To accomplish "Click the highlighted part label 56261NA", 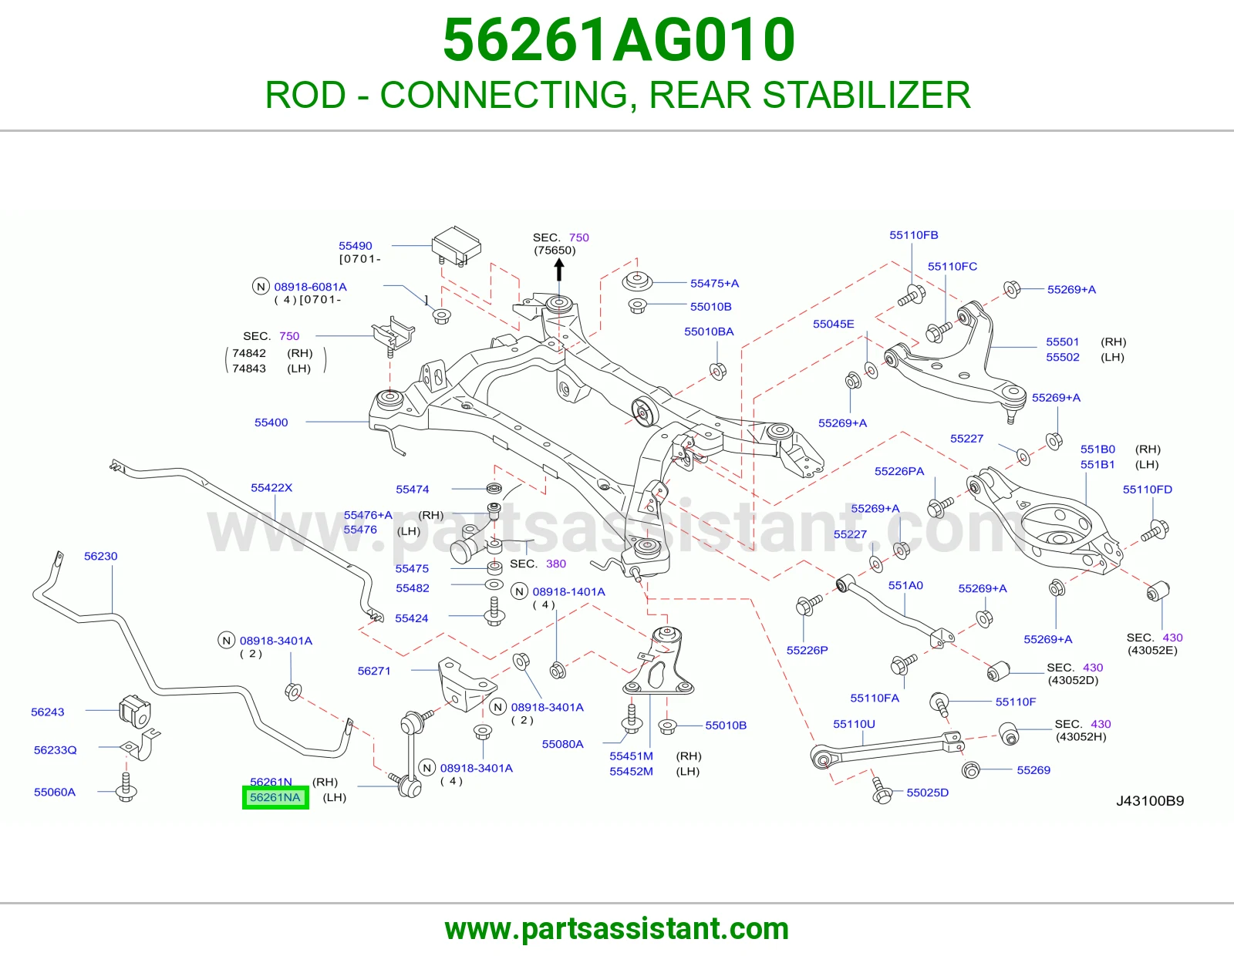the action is pos(275,798).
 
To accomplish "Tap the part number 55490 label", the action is pos(356,246).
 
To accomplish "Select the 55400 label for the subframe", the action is pos(271,422).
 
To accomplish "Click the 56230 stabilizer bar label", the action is pos(100,557).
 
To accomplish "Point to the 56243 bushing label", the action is pos(48,712).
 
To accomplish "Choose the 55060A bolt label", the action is pos(55,792).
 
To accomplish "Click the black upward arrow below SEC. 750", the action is pos(559,270).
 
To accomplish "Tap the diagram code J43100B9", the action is pos(1150,801).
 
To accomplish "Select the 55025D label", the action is pos(927,793).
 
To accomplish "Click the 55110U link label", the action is pos(854,724).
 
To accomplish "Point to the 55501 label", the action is pos(1063,342).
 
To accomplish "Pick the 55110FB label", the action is pos(914,235).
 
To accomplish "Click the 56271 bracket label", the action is pos(374,671).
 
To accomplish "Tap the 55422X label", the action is pos(271,488).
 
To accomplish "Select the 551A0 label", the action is pos(905,585).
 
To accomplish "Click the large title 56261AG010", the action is pos(619,40).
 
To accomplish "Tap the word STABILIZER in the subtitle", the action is pos(867,95).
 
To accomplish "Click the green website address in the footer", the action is pos(617,929).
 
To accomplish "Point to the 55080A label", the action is pos(563,744).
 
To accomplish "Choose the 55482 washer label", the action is pos(413,588).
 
